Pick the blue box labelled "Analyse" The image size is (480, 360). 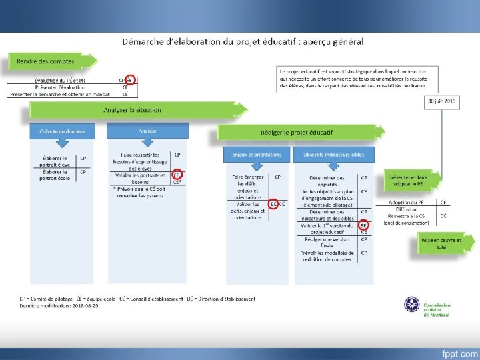tap(147, 131)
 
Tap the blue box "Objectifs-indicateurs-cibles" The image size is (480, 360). tap(333, 154)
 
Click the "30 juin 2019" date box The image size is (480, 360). tap(441, 101)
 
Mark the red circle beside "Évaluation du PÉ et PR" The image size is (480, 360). tap(130, 79)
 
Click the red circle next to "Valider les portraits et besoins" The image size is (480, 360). tap(177, 175)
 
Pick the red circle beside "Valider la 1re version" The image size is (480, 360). tap(364, 225)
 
